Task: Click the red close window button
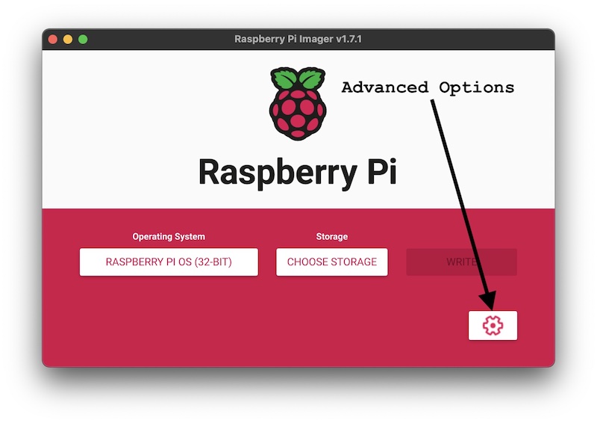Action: pos(53,39)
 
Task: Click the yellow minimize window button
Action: pos(68,39)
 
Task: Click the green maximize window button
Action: pos(83,39)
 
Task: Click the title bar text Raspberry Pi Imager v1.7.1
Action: pos(298,39)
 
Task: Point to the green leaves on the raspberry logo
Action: pos(298,78)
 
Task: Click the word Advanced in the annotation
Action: pos(385,87)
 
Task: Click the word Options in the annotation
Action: pos(477,87)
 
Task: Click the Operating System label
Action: pos(169,237)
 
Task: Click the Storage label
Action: pos(332,237)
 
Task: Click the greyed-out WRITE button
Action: pos(461,262)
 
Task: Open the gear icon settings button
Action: pos(493,325)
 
